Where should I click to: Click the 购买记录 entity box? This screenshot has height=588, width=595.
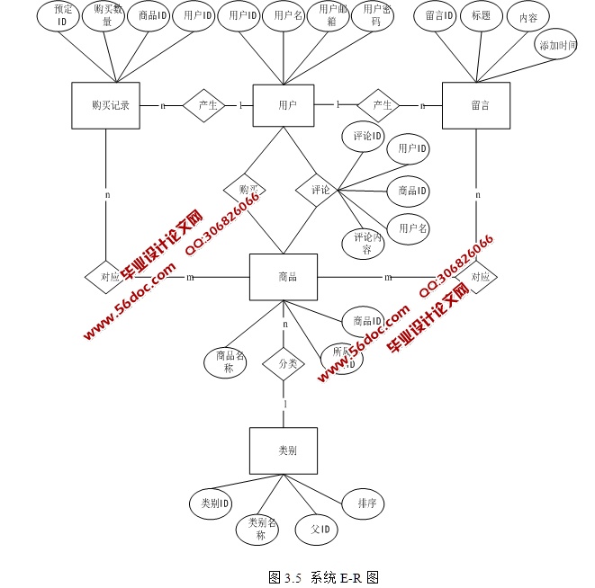(x=105, y=106)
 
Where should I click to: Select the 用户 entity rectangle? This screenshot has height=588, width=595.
(x=287, y=106)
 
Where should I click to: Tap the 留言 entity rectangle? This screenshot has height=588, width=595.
(x=476, y=106)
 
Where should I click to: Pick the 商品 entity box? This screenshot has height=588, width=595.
(x=284, y=278)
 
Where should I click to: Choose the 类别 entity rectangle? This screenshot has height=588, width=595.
(x=284, y=450)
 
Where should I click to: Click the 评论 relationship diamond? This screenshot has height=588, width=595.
(x=320, y=191)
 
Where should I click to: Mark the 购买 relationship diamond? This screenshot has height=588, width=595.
(x=247, y=190)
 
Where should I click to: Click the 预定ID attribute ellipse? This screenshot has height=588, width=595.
(x=62, y=15)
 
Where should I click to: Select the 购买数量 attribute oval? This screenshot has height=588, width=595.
(x=106, y=15)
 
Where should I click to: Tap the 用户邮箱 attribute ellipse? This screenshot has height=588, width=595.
(x=330, y=15)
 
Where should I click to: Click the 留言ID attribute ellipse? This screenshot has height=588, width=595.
(x=439, y=15)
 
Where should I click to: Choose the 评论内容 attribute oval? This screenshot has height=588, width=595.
(x=363, y=244)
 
